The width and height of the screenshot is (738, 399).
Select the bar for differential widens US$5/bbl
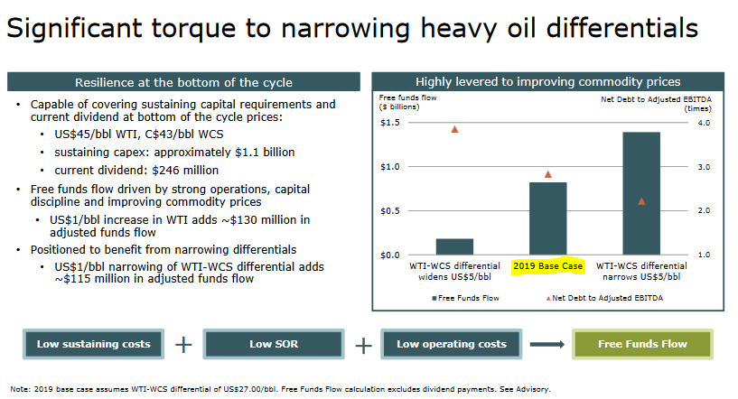click(x=454, y=246)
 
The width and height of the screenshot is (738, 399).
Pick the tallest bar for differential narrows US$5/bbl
click(x=640, y=193)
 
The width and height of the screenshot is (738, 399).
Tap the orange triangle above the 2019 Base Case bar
click(x=547, y=174)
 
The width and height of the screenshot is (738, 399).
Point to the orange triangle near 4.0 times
click(x=454, y=129)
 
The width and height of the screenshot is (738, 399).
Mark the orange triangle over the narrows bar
click(x=640, y=201)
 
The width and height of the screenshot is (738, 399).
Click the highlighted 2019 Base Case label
click(x=547, y=266)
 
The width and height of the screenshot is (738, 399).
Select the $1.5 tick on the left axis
click(x=389, y=123)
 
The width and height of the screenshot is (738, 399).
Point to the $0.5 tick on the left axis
click(x=389, y=211)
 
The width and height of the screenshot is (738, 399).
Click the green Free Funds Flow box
click(x=642, y=344)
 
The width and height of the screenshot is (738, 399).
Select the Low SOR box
click(x=273, y=344)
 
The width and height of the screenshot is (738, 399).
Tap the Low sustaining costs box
click(x=94, y=344)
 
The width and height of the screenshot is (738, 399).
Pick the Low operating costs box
click(x=452, y=344)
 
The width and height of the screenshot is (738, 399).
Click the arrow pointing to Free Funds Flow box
click(x=547, y=344)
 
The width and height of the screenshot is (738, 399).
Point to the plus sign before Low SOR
click(x=183, y=344)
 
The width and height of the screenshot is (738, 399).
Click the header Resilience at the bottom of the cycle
click(x=184, y=81)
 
